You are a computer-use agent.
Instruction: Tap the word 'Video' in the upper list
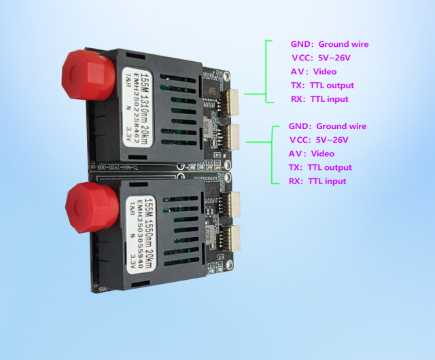point(324,71)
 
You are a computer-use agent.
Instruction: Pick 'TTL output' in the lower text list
point(330,167)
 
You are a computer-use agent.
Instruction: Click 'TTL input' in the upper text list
point(329,99)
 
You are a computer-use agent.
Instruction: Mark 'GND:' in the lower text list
point(298,126)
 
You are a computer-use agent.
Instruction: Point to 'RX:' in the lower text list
point(295,181)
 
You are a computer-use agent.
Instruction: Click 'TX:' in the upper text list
point(296,86)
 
